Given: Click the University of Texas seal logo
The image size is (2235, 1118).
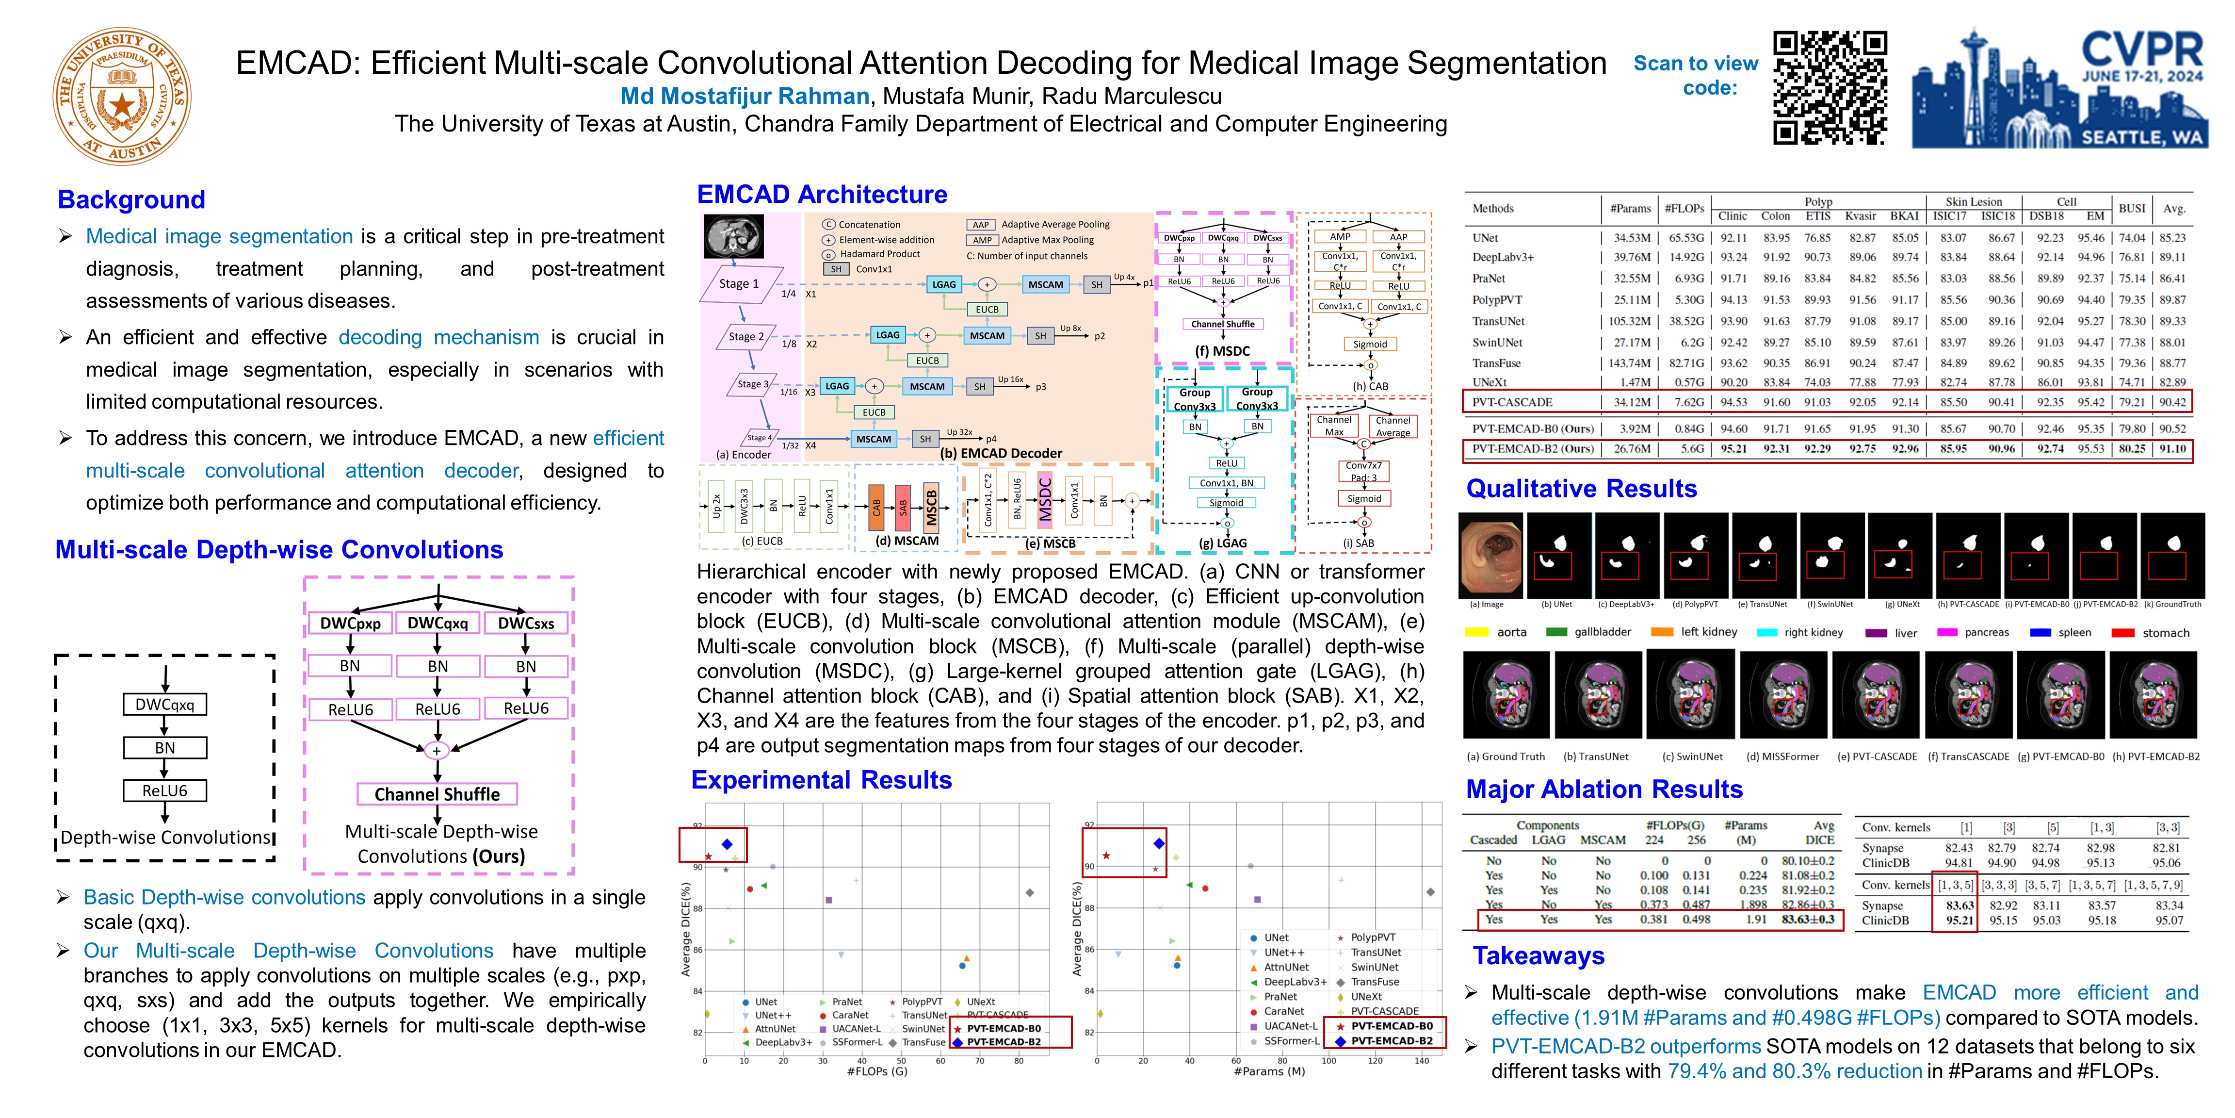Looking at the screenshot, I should click(121, 96).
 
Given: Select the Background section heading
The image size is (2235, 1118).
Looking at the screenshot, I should click(131, 199).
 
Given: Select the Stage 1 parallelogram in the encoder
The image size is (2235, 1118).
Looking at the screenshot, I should click(738, 284).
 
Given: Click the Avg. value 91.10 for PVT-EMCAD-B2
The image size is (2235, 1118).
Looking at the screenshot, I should click(2172, 449).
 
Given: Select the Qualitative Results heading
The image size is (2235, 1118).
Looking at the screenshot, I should click(1581, 489).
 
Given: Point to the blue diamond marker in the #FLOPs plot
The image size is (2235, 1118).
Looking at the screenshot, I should click(727, 844).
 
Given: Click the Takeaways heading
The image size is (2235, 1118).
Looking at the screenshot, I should click(1539, 955).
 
